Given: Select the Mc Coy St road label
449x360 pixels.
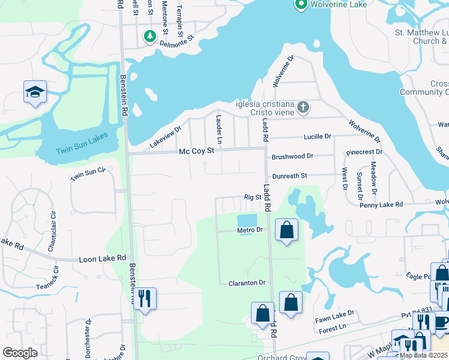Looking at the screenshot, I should (196, 152).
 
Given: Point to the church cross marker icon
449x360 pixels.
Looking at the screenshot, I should (304, 107).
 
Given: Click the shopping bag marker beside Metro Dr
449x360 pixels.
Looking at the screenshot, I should (287, 229).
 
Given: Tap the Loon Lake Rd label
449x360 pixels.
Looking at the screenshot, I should (103, 259).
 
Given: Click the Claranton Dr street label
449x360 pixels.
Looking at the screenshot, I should (247, 283).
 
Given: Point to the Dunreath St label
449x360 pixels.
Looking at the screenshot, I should (289, 175).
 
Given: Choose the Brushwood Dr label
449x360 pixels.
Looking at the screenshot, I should (292, 156).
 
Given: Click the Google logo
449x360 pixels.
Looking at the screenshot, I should (20, 353).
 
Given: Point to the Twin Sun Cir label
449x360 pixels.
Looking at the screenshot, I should (87, 175).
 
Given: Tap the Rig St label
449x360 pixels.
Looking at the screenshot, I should (253, 197).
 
